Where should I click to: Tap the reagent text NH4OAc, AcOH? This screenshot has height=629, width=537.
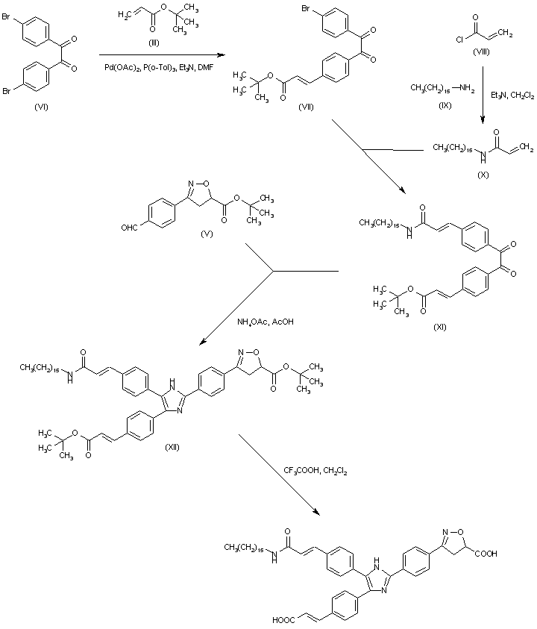(x=263, y=322)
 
